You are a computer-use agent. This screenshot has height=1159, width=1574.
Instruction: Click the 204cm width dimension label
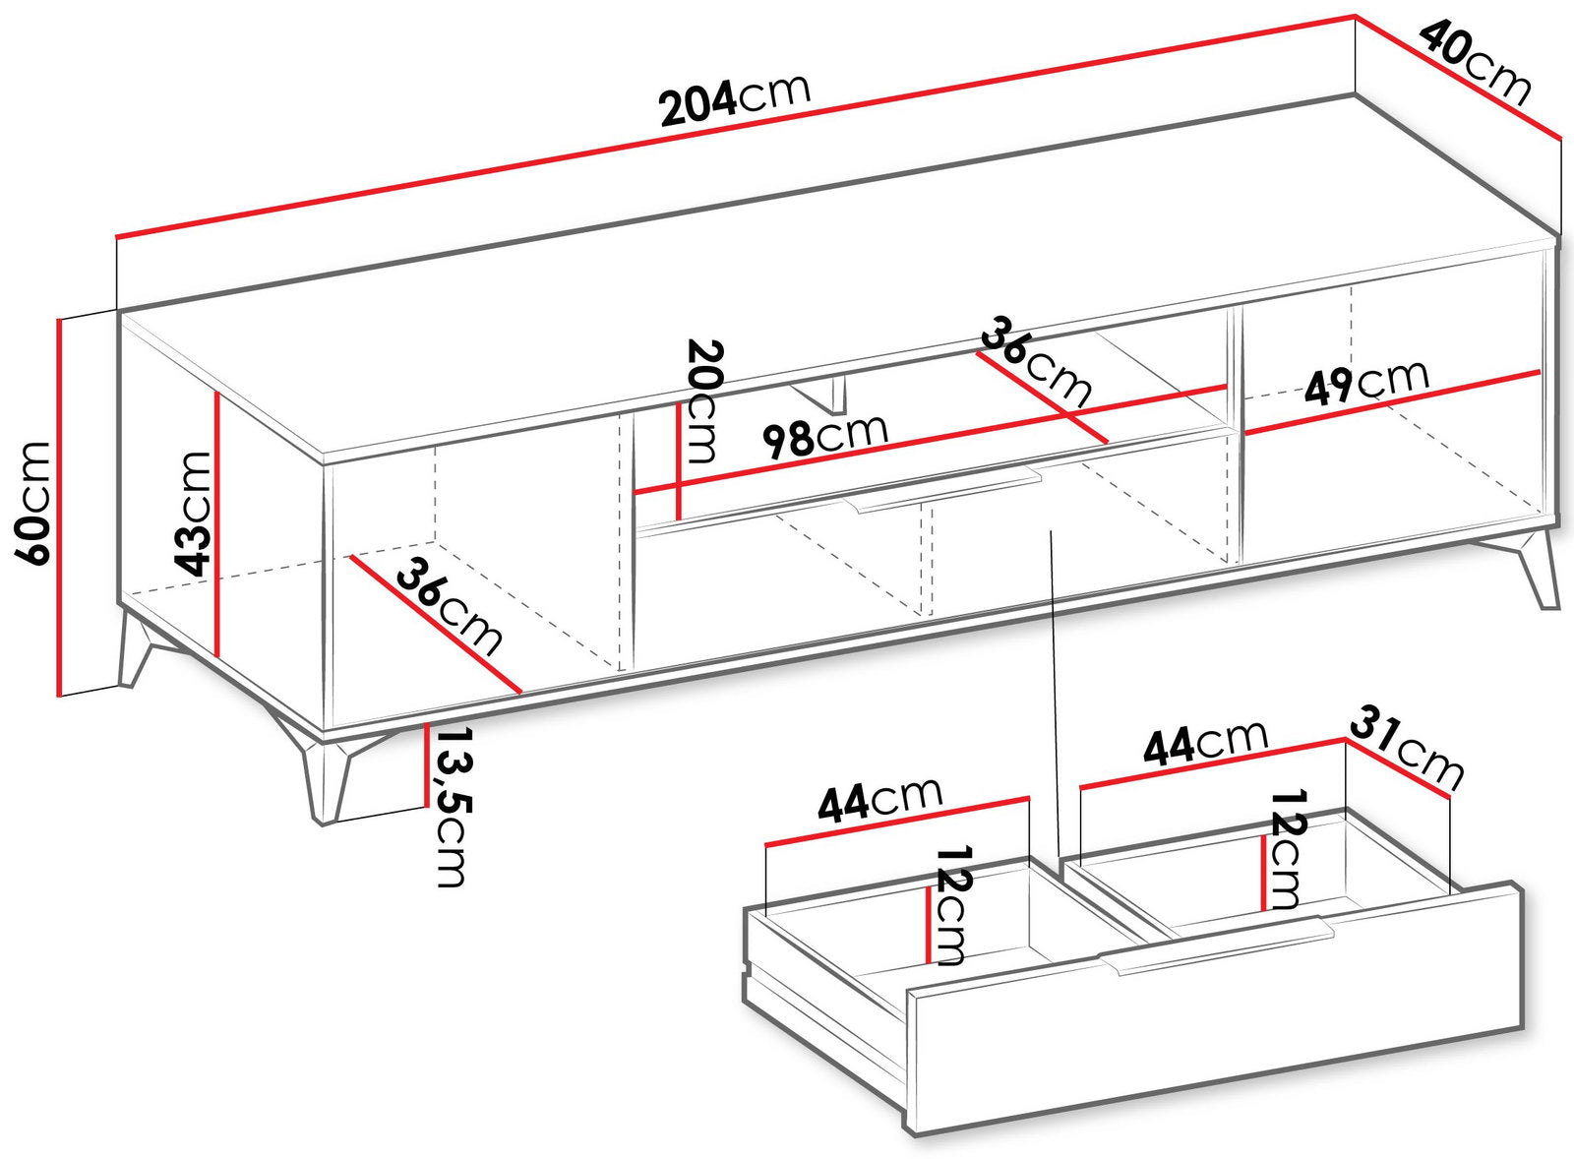pyautogui.click(x=735, y=99)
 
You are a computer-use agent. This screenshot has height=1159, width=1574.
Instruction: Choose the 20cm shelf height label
pyautogui.click(x=703, y=401)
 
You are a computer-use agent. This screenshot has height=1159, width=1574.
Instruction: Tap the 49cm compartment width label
pyautogui.click(x=1366, y=383)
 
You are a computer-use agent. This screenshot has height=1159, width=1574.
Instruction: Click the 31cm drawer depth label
pyautogui.click(x=1406, y=751)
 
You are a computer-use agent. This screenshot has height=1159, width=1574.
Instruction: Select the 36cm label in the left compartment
pyautogui.click(x=450, y=607)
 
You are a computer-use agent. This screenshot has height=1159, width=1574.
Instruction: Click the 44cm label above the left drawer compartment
pyautogui.click(x=879, y=799)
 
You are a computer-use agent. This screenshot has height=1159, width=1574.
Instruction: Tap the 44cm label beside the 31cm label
pyautogui.click(x=1206, y=741)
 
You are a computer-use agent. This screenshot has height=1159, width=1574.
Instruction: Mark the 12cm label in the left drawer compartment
pyautogui.click(x=952, y=906)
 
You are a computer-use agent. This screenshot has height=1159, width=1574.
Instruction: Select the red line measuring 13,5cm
pyautogui.click(x=427, y=765)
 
